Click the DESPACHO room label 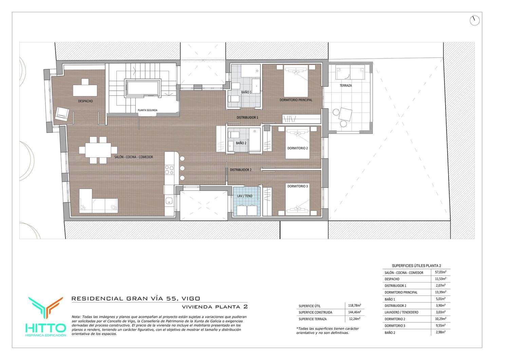click(86, 101)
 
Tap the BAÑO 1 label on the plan click(246, 92)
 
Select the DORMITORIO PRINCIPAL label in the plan click(296, 100)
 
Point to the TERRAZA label click(346, 86)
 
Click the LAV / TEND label click(245, 196)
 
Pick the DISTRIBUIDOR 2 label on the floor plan click(241, 170)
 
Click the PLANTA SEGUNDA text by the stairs click(148, 110)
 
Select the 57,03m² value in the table click(440, 272)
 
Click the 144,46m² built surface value click(355, 312)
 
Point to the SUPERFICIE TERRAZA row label click(313, 319)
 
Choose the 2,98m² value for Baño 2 click(440, 332)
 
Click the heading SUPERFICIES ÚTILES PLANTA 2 click(416, 266)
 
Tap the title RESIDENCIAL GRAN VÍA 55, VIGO click(136, 299)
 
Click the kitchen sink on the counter click(169, 201)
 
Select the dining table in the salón click(98, 150)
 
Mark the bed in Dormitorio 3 click(298, 199)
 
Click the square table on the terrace click(345, 114)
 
